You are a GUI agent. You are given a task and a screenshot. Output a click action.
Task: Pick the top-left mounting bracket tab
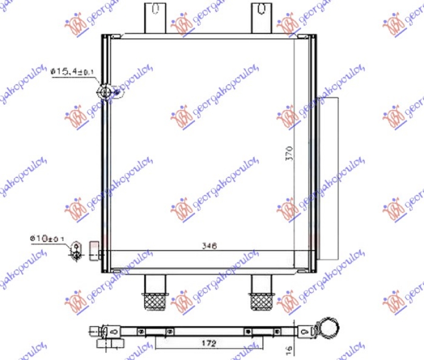(153, 18)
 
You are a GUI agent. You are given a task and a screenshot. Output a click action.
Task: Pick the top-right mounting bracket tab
(260, 18)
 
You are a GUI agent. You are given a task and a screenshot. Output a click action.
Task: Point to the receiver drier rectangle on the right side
(329, 175)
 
